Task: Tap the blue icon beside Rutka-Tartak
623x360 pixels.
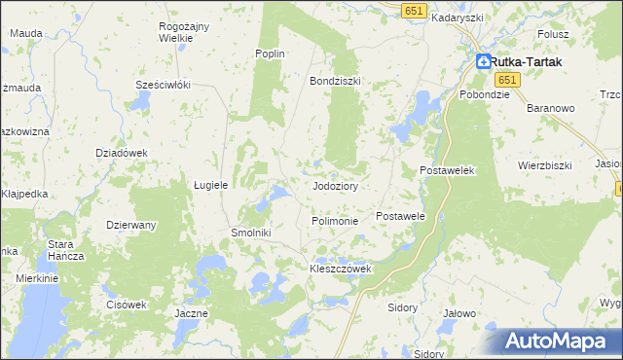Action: point(484,61)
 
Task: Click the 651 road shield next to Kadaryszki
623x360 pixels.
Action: point(414,9)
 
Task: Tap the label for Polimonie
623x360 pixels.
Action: point(335,221)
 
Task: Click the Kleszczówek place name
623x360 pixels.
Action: point(341,269)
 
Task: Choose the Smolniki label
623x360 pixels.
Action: point(249,234)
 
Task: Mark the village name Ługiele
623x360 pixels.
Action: point(210,184)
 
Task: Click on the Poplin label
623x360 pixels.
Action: point(269,54)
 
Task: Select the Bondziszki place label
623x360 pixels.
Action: point(335,81)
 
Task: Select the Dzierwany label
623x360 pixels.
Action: point(131,225)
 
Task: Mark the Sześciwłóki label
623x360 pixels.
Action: point(162,85)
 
